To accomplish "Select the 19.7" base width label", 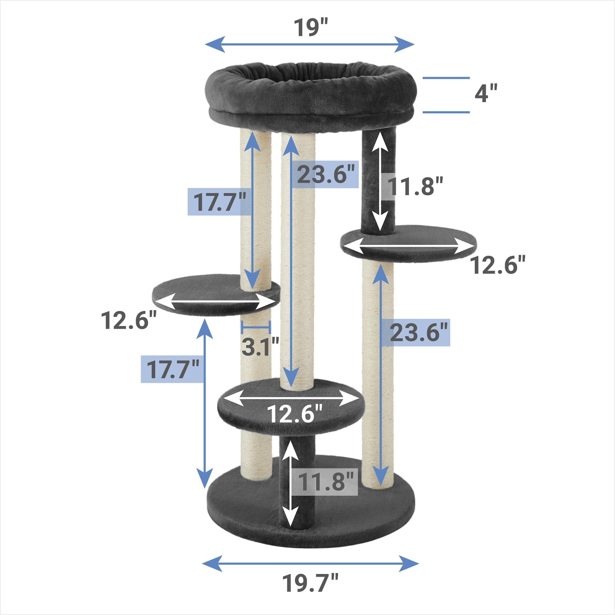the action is point(310,583).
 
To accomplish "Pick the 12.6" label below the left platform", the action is point(129,320).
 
